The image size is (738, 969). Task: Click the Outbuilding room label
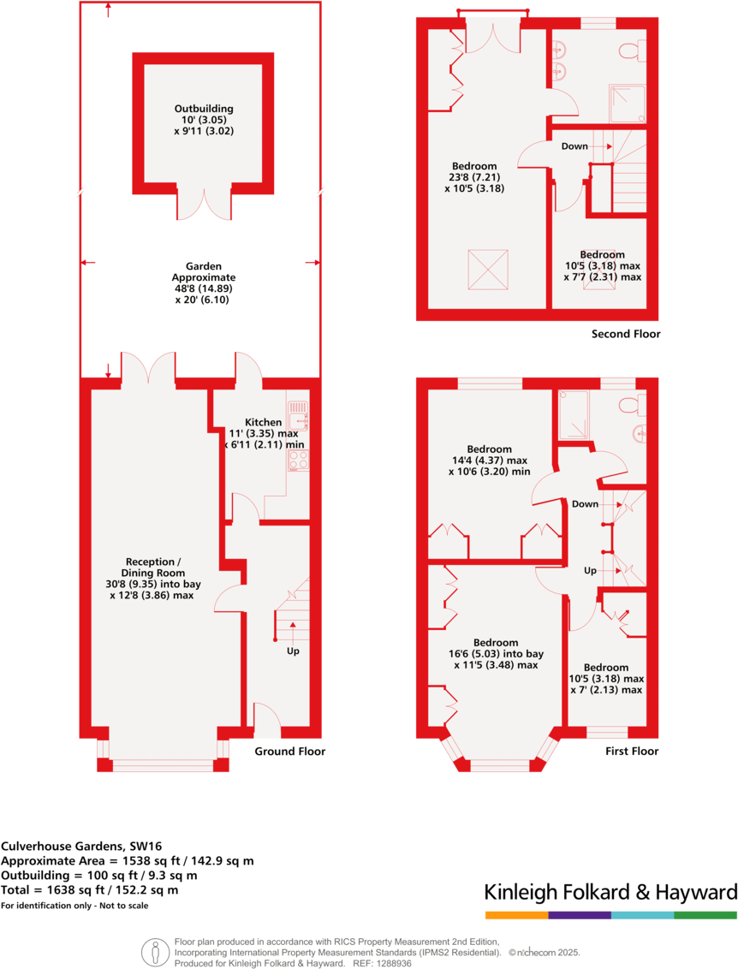[x=204, y=109]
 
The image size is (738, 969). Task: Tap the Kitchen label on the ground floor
[x=263, y=423]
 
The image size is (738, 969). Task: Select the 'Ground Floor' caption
[x=290, y=752]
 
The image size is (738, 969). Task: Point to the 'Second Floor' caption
[x=626, y=334]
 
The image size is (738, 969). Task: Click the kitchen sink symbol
[x=298, y=417]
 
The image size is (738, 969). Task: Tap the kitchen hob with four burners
[x=298, y=461]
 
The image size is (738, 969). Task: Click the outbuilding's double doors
[x=204, y=203]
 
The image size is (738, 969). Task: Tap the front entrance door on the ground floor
[x=266, y=721]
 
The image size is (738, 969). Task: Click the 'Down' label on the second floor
[x=574, y=146]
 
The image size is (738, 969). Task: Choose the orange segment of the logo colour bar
[x=516, y=915]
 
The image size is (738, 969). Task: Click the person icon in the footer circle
[x=155, y=950]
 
